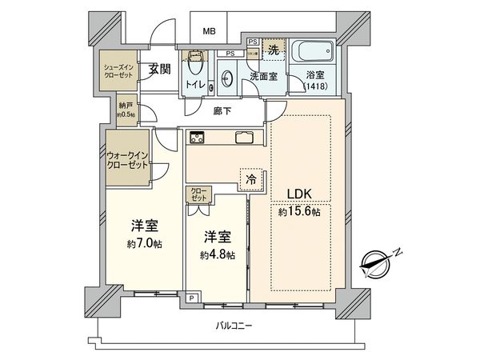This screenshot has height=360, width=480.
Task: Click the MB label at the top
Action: click(x=209, y=32)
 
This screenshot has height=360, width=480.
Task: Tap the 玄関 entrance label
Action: click(x=158, y=70)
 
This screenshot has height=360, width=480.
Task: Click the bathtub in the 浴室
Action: click(x=314, y=55)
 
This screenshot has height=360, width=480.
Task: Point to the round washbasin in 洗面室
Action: click(x=226, y=78)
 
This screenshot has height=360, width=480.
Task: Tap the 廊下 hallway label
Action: click(x=223, y=111)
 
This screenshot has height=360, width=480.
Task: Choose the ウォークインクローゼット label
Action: click(x=127, y=159)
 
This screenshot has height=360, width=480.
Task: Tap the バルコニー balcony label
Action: click(x=234, y=326)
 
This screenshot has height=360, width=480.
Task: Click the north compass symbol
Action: click(x=376, y=263)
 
